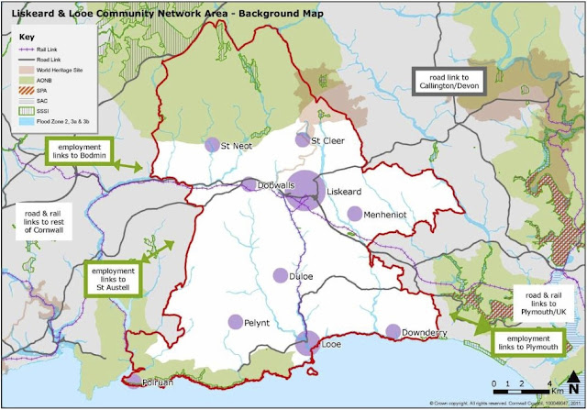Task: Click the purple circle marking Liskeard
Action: coord(304,190)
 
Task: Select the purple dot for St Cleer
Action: coord(302,139)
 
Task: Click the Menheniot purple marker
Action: coord(355,214)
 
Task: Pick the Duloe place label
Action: coord(301,275)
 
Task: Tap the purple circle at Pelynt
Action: coord(236,322)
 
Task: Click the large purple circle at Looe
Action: coord(307,343)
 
